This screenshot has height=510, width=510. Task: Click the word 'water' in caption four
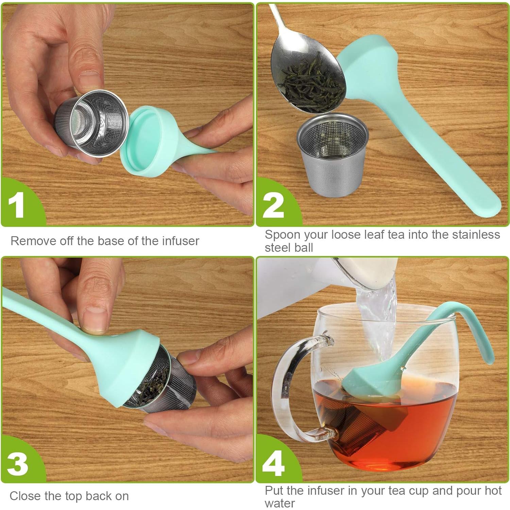[280, 503]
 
